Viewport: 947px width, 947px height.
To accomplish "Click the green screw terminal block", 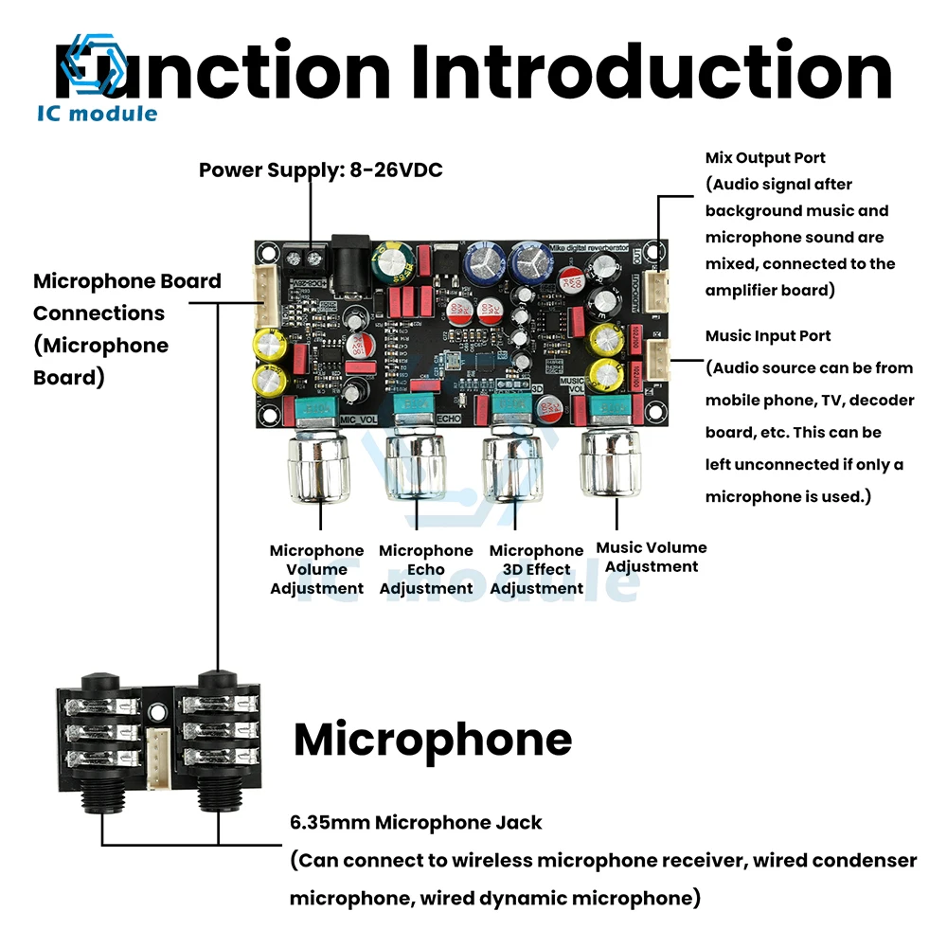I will (305, 252).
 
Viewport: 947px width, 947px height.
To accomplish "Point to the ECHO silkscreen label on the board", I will (449, 416).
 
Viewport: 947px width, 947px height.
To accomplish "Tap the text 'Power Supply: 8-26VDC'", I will (320, 170).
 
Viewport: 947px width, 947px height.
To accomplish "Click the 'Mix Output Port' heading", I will (765, 157).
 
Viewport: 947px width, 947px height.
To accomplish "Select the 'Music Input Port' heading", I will (768, 336).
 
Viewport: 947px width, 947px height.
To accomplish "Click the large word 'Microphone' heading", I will (433, 740).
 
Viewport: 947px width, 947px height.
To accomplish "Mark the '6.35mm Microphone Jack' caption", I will (416, 823).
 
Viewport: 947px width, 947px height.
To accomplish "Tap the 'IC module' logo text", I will (97, 114).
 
